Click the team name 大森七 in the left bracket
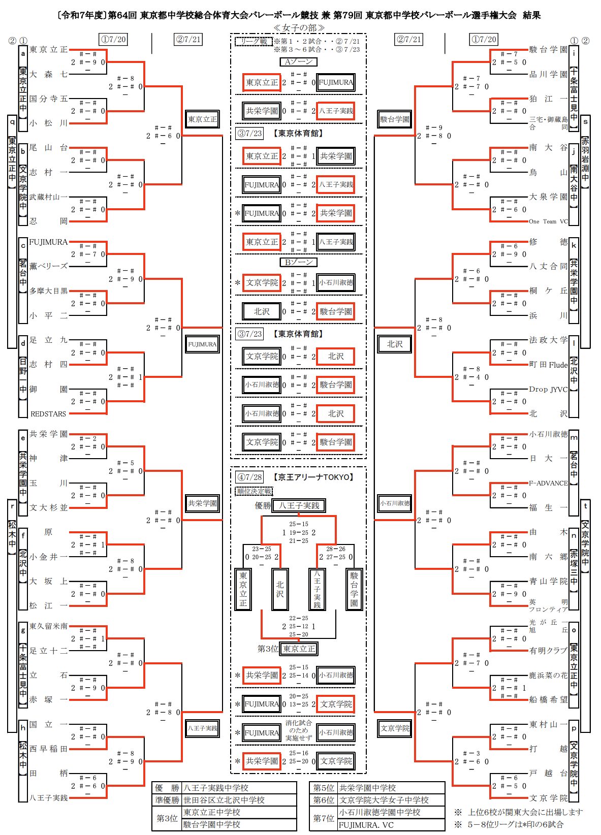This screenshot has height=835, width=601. coord(48,74)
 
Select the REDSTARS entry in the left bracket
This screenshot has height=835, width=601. coord(48,414)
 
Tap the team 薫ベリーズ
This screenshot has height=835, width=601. coord(48,266)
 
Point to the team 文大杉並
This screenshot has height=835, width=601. coord(48,507)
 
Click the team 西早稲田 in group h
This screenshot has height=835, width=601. coord(48,749)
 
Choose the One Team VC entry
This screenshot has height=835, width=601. coord(548,221)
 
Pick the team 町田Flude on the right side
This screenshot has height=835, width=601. coord(548,365)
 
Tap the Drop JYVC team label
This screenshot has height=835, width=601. coord(548,389)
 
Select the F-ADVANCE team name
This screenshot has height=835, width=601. coord(548,483)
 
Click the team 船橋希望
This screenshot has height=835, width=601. coord(548,699)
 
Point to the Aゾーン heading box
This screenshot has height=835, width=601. coord(299,62)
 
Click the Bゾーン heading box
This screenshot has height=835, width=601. coord(299,262)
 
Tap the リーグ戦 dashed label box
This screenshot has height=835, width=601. coord(254,41)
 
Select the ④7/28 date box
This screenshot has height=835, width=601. coord(249,477)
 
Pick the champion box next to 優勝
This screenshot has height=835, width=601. coord(299,506)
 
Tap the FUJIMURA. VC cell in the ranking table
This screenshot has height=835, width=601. coord(366,825)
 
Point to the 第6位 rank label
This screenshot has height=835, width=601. coord(324,800)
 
